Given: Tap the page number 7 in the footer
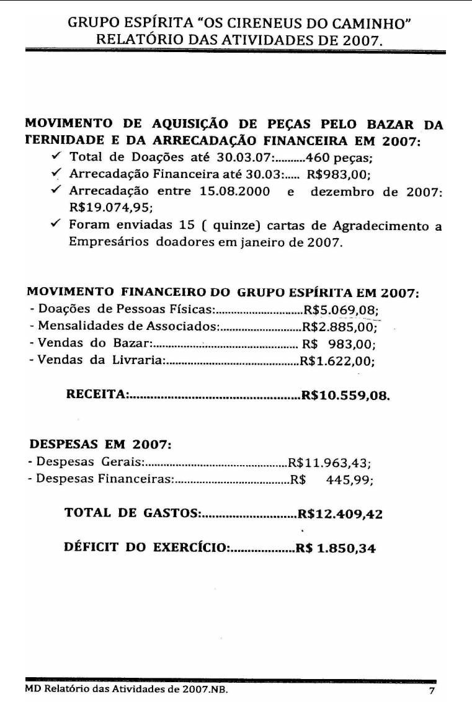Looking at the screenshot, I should point(432,690).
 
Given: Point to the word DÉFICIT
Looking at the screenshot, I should point(92,549).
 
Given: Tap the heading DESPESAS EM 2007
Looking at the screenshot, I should point(100,445).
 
